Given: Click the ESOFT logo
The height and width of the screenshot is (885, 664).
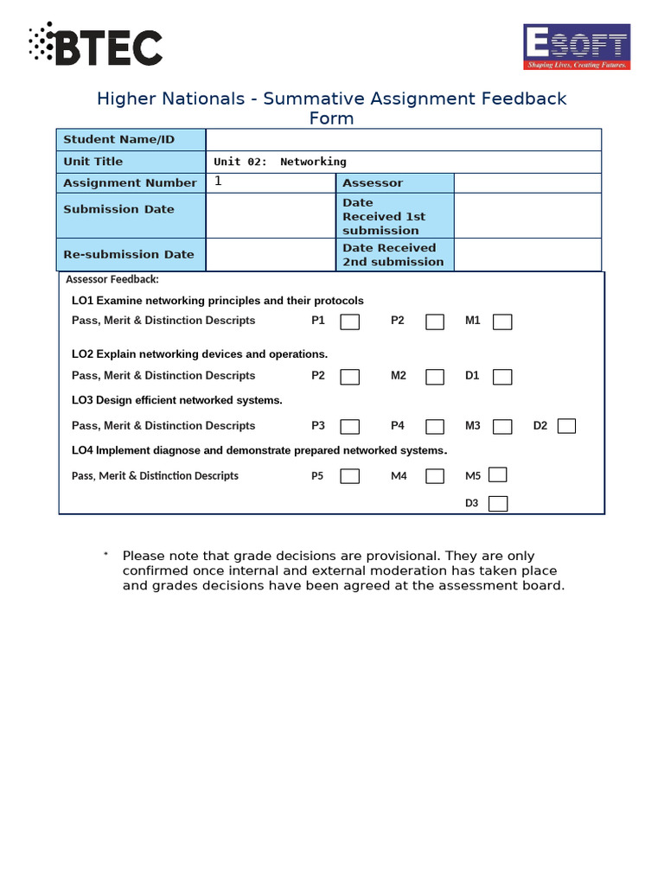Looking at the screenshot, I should pyautogui.click(x=577, y=47).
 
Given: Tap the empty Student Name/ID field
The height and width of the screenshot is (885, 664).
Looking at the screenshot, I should pyautogui.click(x=403, y=140).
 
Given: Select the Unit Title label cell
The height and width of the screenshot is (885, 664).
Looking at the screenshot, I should pyautogui.click(x=131, y=162).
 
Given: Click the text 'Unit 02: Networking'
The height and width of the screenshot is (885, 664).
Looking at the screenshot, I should pyautogui.click(x=279, y=162).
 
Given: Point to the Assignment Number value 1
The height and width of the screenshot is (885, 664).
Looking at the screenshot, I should pyautogui.click(x=218, y=181).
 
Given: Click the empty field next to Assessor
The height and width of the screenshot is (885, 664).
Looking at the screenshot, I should pyautogui.click(x=527, y=183).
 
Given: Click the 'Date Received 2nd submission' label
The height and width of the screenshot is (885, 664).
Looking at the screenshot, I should pyautogui.click(x=393, y=255).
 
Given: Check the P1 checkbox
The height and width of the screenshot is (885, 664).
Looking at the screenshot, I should pyautogui.click(x=350, y=322).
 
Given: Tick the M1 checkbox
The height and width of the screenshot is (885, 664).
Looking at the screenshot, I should pyautogui.click(x=502, y=322).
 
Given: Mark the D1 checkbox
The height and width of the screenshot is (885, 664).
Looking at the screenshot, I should pyautogui.click(x=502, y=377).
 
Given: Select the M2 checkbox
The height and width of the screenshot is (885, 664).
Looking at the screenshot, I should pyautogui.click(x=435, y=377).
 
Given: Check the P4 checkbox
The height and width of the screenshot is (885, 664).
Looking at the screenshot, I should pyautogui.click(x=435, y=426).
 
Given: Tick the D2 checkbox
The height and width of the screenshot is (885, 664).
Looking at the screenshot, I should pyautogui.click(x=566, y=425).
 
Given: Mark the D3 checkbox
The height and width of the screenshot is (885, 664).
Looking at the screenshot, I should pyautogui.click(x=498, y=504).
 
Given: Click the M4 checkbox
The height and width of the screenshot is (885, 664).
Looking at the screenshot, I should pyautogui.click(x=435, y=476).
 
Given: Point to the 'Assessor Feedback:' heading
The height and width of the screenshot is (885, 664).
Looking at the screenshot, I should pyautogui.click(x=112, y=279).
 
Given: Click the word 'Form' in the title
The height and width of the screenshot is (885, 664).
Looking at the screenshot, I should pyautogui.click(x=332, y=118).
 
